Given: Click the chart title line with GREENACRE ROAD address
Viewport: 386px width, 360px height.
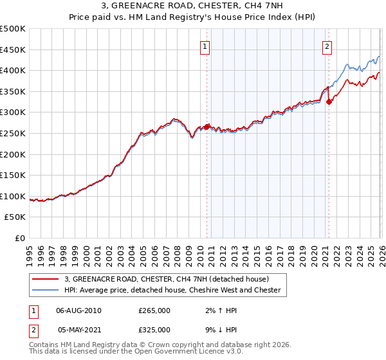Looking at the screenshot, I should point(193,6).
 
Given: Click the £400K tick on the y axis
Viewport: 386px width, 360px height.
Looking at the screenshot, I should point(14,71).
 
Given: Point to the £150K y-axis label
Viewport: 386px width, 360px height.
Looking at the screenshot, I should point(14,175).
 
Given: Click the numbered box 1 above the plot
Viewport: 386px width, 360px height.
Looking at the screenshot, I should point(205,46).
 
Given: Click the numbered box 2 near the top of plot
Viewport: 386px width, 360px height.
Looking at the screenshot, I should point(327,46).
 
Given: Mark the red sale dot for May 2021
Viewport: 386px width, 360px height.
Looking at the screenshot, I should point(328,102).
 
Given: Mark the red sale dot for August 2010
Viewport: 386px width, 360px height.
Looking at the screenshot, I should point(207,127).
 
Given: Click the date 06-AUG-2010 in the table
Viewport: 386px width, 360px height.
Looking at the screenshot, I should point(78,310).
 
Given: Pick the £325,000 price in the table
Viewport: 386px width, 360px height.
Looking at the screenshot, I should point(154,329).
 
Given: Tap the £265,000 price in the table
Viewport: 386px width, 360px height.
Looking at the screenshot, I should point(154,310).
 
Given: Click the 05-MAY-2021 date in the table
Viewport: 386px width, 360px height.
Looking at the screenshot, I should point(78,329).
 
